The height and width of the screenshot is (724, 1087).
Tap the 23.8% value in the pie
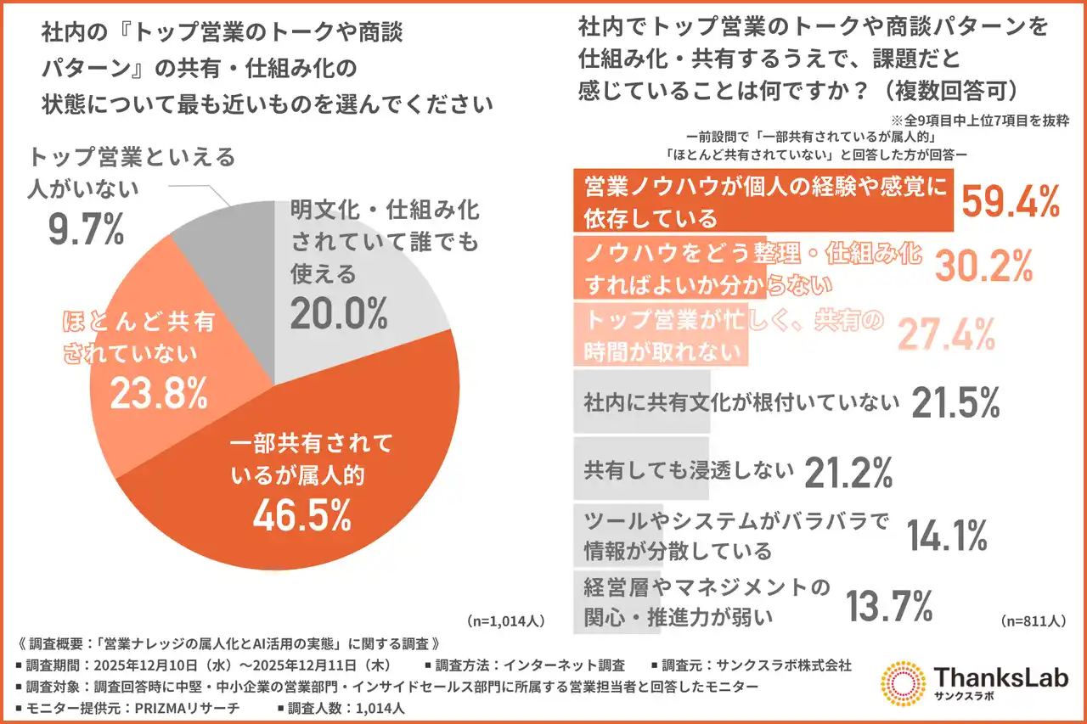pyautogui.click(x=159, y=393)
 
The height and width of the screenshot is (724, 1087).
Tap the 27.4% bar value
pyautogui.click(x=945, y=334)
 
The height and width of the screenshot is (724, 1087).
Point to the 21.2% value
pyautogui.click(x=848, y=471)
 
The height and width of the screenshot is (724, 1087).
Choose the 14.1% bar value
pyautogui.click(x=946, y=536)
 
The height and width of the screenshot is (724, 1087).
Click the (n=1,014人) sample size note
pyautogui.click(x=506, y=620)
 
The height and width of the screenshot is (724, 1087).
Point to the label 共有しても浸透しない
pyautogui.click(x=689, y=469)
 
